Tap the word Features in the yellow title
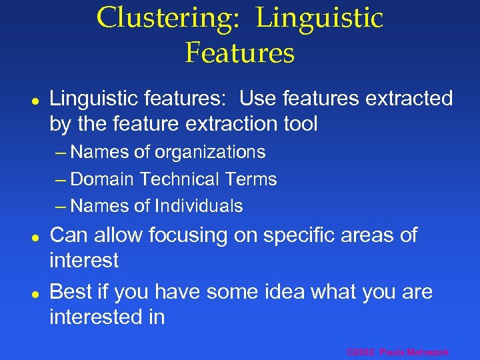pos(240,52)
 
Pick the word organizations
pos(210,153)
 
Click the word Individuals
pos(199,206)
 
